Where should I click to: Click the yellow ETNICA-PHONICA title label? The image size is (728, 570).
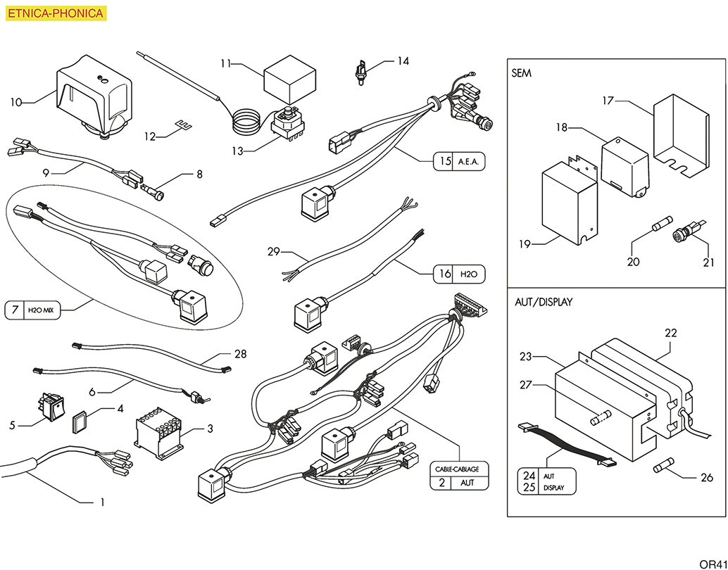click(x=55, y=13)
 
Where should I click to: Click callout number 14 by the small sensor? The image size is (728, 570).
click(x=403, y=61)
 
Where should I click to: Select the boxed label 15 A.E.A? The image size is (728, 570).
click(x=459, y=161)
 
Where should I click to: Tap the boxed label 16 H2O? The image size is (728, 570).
click(x=459, y=274)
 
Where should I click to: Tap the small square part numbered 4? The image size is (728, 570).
click(x=81, y=421)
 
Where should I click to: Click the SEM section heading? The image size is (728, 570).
click(x=522, y=73)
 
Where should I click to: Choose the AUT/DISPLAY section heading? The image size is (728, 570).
click(x=544, y=302)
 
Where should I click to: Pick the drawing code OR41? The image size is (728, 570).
click(x=712, y=563)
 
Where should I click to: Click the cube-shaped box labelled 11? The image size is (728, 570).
click(x=289, y=82)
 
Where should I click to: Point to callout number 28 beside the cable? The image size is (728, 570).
click(x=240, y=354)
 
